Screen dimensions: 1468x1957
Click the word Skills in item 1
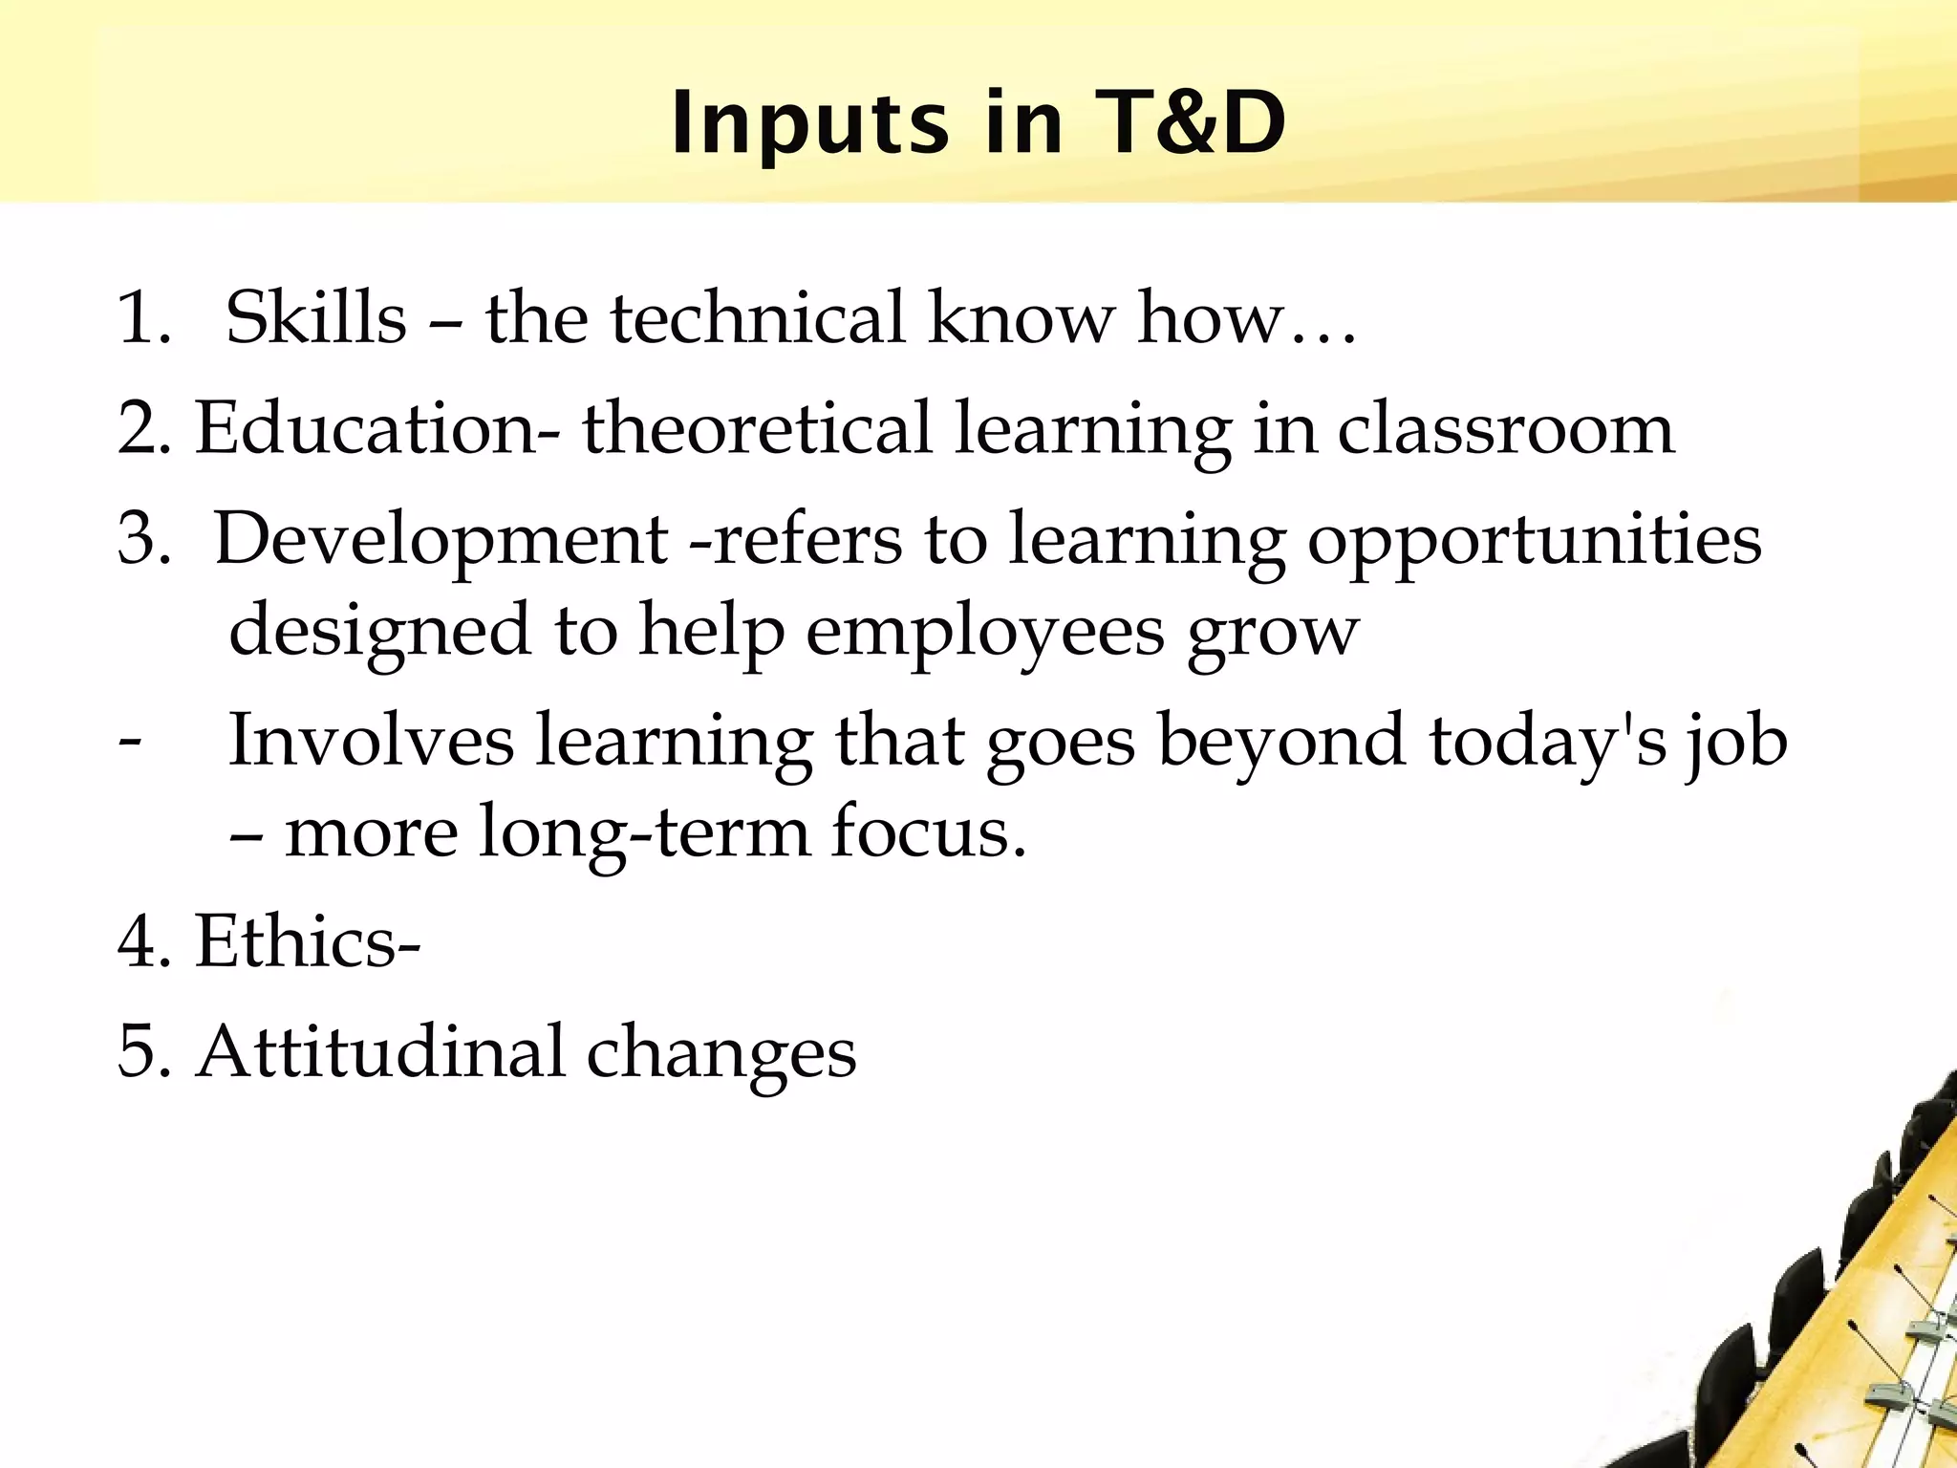point(315,317)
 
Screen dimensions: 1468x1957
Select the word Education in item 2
point(367,428)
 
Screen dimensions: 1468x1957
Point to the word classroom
point(1505,428)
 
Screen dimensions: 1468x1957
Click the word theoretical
point(757,428)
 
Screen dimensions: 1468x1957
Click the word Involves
point(371,741)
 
